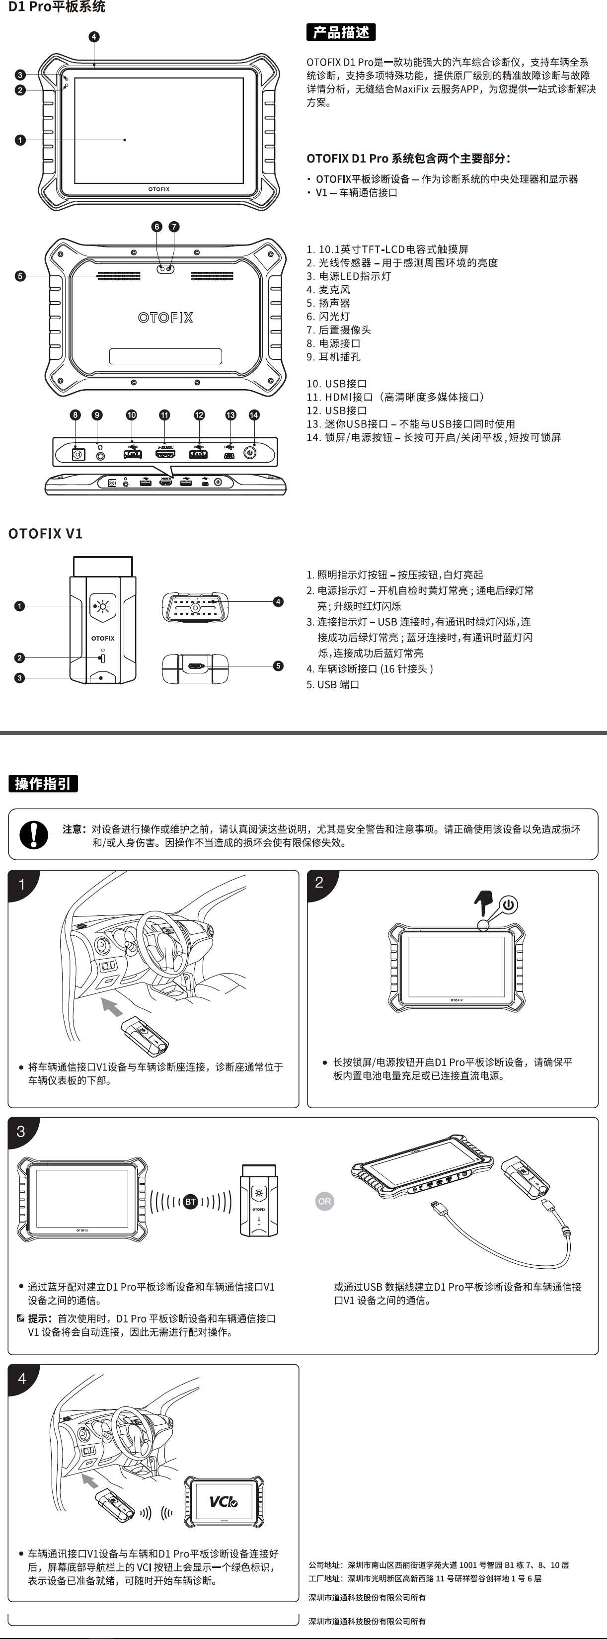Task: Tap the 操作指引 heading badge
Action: point(43,783)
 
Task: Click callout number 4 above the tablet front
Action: point(94,37)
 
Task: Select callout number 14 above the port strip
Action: point(254,415)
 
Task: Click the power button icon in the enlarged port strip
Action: point(249,454)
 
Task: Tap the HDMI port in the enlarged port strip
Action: point(165,454)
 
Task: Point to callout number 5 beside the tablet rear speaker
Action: point(20,276)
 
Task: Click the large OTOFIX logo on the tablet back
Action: point(165,317)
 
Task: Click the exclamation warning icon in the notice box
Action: point(34,834)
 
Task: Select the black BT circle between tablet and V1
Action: point(190,1202)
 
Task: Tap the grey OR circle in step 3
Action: point(324,1201)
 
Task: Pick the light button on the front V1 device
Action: point(102,606)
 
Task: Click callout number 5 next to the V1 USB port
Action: point(278,666)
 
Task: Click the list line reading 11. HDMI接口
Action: point(395,397)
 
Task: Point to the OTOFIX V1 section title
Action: point(45,533)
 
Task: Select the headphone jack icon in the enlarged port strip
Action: point(100,454)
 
